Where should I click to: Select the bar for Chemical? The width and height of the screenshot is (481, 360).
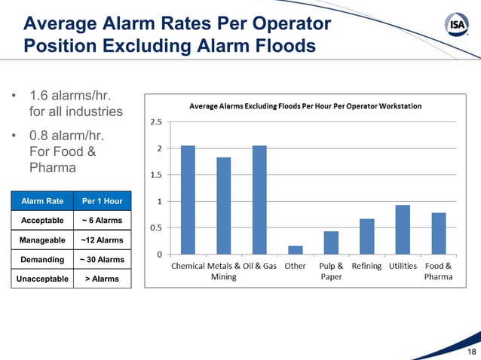pyautogui.click(x=188, y=200)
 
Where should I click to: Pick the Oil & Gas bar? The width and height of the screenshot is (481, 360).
pyautogui.click(x=259, y=200)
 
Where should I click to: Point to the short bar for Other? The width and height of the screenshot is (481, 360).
pyautogui.click(x=296, y=250)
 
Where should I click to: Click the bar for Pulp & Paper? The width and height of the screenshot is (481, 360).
pyautogui.click(x=331, y=243)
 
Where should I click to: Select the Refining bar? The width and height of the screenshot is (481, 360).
pyautogui.click(x=367, y=236)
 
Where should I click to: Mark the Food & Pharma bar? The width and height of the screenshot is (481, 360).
pyautogui.click(x=439, y=233)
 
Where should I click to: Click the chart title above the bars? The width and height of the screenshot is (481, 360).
pyautogui.click(x=305, y=106)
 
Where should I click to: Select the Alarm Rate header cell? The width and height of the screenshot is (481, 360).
pyautogui.click(x=42, y=201)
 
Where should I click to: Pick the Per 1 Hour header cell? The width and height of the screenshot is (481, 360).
pyautogui.click(x=102, y=201)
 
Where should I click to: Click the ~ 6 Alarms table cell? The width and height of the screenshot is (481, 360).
pyautogui.click(x=102, y=221)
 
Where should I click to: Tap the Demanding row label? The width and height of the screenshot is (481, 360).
pyautogui.click(x=42, y=260)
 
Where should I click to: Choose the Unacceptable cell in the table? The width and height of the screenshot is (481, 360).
pyautogui.click(x=42, y=279)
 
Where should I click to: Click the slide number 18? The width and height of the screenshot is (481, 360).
pyautogui.click(x=471, y=352)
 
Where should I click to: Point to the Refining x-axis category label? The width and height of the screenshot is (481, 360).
pyautogui.click(x=366, y=266)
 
